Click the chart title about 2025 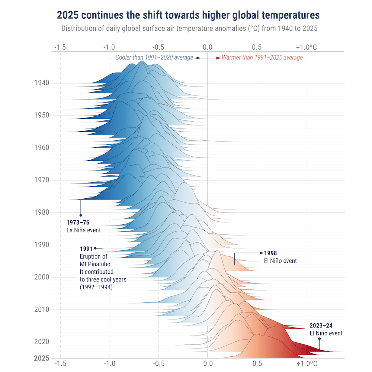pos(188,16)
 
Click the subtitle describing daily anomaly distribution pos(189,29)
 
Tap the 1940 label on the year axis pos(41,83)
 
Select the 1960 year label pos(41,148)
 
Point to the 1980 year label pos(41,212)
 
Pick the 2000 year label pos(41,277)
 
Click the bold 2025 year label pos(41,359)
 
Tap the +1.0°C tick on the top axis pos(307,47)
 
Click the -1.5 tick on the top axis pos(60,47)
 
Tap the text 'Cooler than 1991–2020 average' pos(154,58)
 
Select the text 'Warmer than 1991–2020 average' pos(262,58)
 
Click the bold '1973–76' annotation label pos(78,223)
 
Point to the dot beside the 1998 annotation pos(261,253)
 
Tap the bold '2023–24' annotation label pos(321,326)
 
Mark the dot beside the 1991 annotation pos(95,248)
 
